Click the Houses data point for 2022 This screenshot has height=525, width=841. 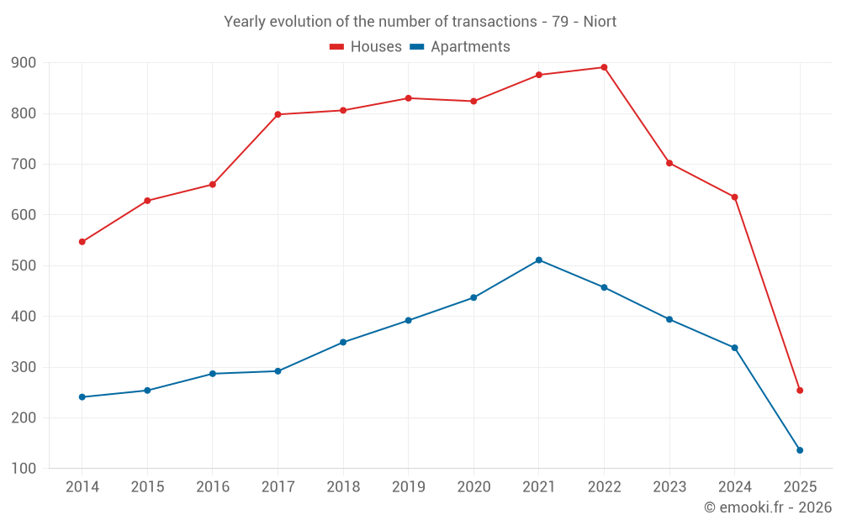(x=604, y=67)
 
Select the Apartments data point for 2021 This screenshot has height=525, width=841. (x=539, y=260)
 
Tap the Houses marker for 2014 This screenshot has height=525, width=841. (x=82, y=242)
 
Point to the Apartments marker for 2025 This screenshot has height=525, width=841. (x=800, y=450)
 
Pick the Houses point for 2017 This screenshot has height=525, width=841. (x=278, y=114)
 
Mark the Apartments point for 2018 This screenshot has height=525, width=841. (x=343, y=342)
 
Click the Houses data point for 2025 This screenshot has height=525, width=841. (x=800, y=391)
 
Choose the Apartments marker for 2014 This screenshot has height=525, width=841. (x=82, y=396)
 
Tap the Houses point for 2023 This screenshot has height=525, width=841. (x=669, y=163)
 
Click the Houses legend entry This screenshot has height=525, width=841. (x=366, y=47)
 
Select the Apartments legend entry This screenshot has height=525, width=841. (x=461, y=47)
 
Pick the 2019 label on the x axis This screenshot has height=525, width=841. (x=408, y=487)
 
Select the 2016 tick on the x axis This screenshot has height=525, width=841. (x=213, y=487)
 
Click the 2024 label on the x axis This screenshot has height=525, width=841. (x=734, y=487)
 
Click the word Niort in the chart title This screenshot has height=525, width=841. (x=600, y=22)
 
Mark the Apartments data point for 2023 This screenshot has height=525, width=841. (x=669, y=319)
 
